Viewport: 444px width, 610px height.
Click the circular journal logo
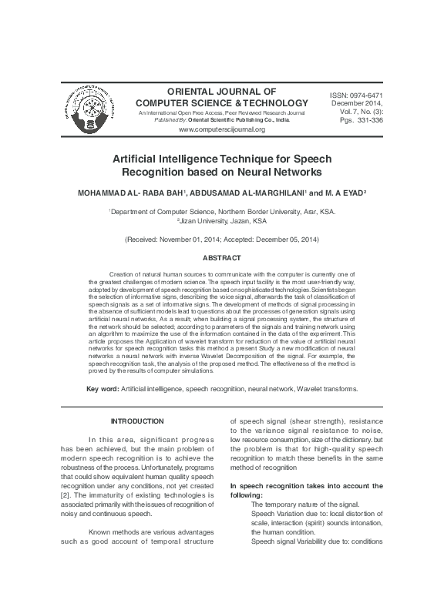click(x=92, y=111)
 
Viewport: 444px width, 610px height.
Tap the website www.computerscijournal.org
click(x=221, y=129)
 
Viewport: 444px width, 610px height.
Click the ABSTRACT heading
click(x=221, y=257)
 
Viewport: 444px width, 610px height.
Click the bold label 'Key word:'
click(x=103, y=390)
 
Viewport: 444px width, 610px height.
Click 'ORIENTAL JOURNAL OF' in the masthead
click(x=221, y=90)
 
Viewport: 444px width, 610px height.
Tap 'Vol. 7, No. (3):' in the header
click(x=357, y=112)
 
